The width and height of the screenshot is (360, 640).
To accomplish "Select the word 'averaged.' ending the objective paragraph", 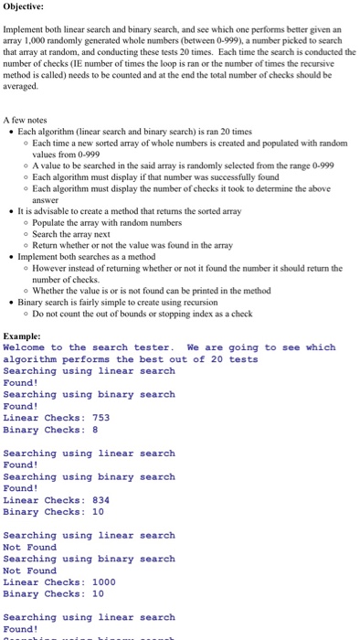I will coord(23,86).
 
